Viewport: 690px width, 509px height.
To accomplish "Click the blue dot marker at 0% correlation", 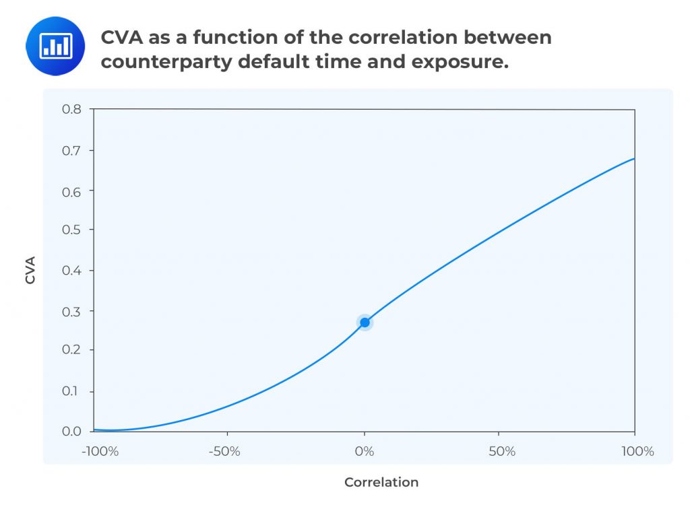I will tap(365, 323).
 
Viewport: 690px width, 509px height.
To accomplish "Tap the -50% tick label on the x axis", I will tap(225, 451).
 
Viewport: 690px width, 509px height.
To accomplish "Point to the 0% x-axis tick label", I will tap(365, 451).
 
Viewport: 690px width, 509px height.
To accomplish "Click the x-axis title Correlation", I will tap(381, 482).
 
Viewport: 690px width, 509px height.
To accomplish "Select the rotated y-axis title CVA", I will tap(30, 270).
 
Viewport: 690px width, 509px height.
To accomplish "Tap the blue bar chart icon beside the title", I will tap(55, 46).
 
